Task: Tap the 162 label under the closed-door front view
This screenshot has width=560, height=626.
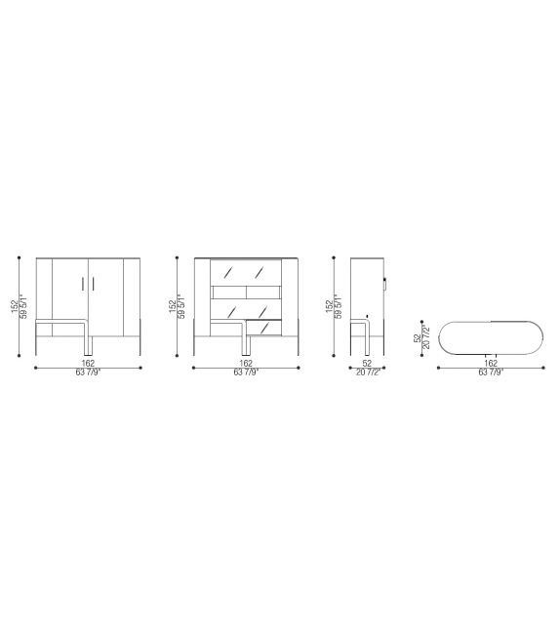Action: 89,362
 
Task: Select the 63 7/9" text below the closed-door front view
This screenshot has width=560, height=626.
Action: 89,372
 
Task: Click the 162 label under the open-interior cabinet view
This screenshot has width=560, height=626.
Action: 246,362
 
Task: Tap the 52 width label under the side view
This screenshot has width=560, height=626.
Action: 368,362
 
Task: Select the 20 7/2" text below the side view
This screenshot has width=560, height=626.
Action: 368,372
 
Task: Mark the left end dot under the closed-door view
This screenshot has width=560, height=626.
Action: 35,368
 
